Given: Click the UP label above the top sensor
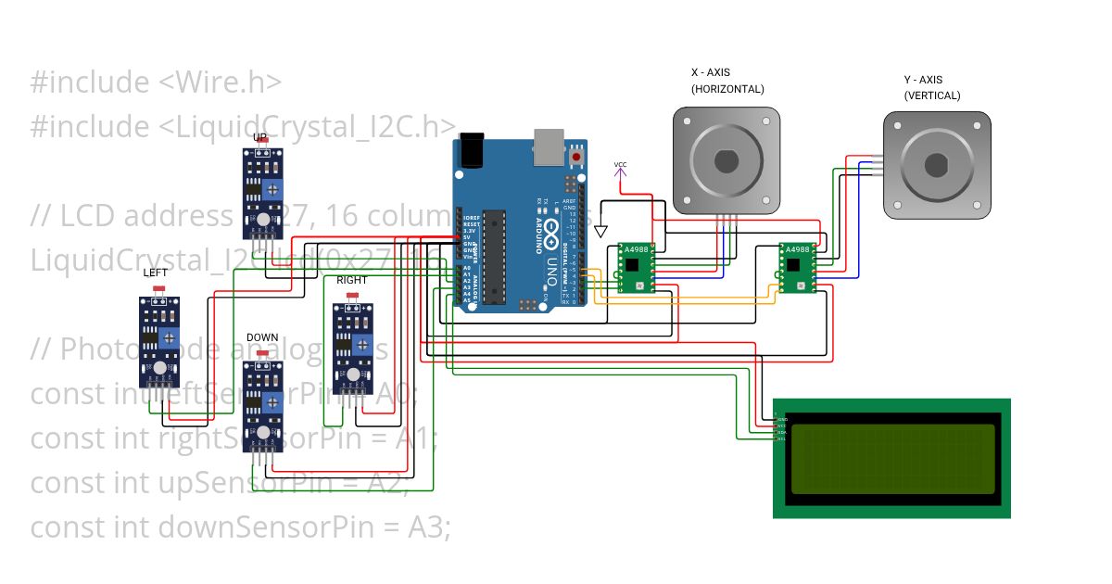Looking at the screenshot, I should point(260,137).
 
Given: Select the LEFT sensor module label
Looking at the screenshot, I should point(156,273).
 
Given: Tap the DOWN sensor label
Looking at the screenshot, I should point(262,337).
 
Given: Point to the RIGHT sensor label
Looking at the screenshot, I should point(351,280).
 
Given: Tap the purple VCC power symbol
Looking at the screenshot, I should point(620,166).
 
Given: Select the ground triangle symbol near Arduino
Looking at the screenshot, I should point(600,232).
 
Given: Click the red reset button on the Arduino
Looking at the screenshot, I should point(578,158).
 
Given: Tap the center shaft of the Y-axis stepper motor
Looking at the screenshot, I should point(937,167).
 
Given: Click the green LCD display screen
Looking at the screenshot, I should point(892,459).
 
